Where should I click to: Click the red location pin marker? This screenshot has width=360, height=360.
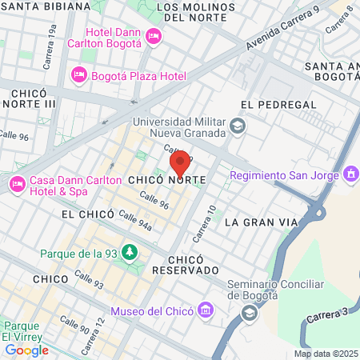[x=181, y=163]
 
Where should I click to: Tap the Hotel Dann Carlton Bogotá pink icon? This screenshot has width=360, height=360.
[x=154, y=35]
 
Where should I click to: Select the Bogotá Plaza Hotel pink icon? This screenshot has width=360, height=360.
[x=78, y=75]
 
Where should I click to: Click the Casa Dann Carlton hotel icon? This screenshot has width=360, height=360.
[x=17, y=185]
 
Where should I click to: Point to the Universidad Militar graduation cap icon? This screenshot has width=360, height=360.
[x=238, y=126]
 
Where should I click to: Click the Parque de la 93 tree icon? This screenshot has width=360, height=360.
[x=129, y=254]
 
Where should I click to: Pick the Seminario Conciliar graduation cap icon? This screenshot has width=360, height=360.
[x=250, y=312]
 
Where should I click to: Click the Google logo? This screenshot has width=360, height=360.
[x=26, y=350]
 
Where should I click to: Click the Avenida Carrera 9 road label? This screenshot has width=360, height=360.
[x=282, y=31]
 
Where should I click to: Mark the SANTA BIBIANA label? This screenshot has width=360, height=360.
[x=46, y=6]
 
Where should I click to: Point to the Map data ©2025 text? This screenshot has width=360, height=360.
[x=325, y=354]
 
